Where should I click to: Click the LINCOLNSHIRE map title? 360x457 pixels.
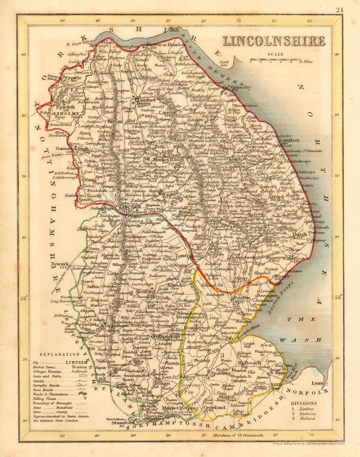(274, 41)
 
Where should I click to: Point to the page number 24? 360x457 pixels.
(339, 10)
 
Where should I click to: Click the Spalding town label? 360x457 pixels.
(221, 373)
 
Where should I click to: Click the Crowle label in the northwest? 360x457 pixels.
(73, 77)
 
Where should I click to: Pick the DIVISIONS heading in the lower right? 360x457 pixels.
(304, 403)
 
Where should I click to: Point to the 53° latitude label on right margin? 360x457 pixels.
(338, 297)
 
